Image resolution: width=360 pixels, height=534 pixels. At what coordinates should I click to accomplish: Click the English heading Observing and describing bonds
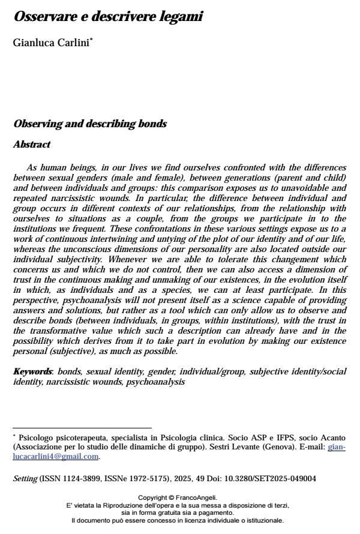click(90, 124)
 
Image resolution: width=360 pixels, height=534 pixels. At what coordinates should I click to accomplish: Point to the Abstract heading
click(32, 145)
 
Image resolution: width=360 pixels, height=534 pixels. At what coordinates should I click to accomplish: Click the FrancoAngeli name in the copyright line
click(197, 497)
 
